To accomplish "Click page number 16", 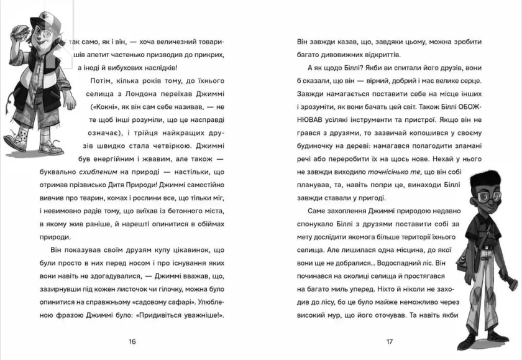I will click(131, 341).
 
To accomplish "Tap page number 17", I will click(390, 341).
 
